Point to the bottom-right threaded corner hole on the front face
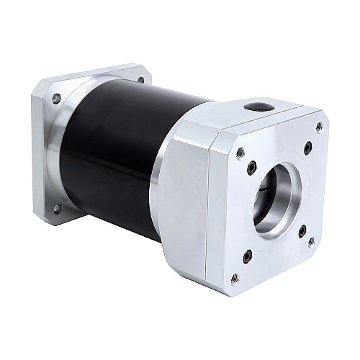coord(311,243)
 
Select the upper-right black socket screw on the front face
coord(307,148)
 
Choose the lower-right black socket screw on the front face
coord(302,230)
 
